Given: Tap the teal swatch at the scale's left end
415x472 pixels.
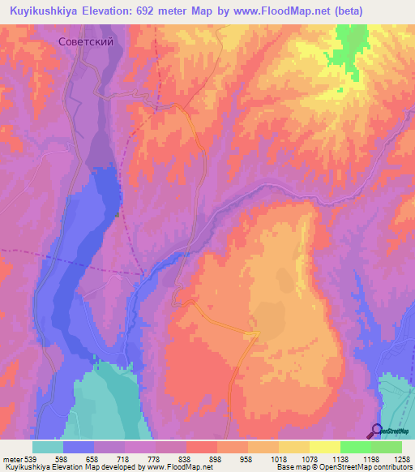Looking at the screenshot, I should tap(48, 447).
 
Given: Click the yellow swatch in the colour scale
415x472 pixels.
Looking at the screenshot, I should tap(324, 447).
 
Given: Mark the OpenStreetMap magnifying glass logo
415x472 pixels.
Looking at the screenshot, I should tap(376, 431).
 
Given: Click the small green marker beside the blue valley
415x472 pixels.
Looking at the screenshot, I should tap(117, 215).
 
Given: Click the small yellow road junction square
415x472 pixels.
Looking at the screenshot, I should tap(256, 333).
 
